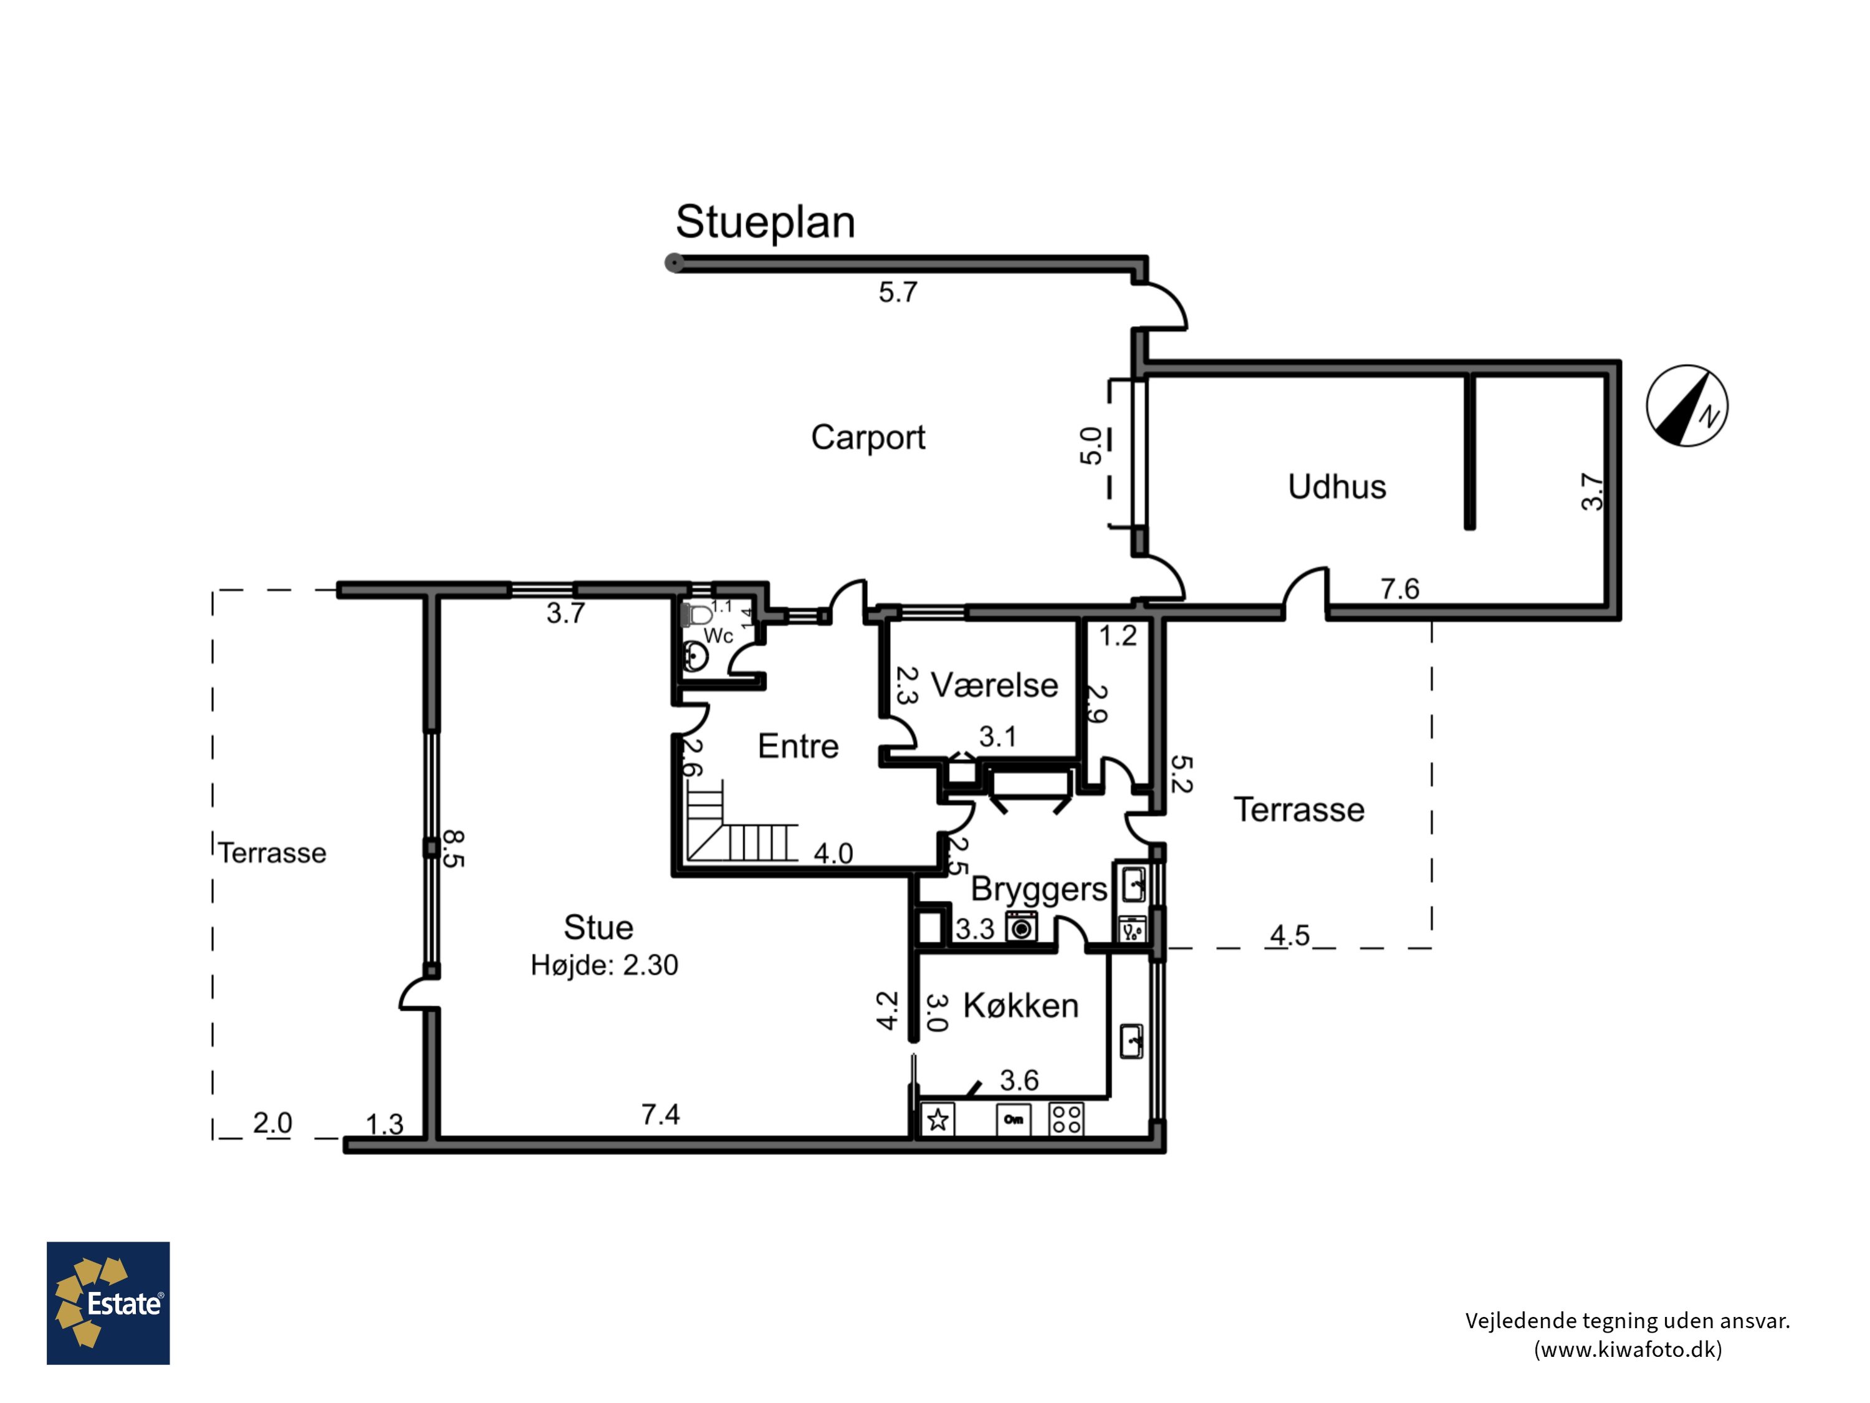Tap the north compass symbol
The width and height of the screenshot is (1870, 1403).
pyautogui.click(x=1687, y=406)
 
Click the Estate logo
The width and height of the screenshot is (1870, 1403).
pyautogui.click(x=108, y=1303)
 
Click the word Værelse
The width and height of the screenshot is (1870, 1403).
pyautogui.click(x=994, y=685)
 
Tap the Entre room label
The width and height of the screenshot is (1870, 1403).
pyautogui.click(x=798, y=746)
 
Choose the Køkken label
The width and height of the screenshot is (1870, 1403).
pyautogui.click(x=1020, y=1006)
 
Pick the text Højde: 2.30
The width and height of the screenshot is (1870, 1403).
pyautogui.click(x=605, y=965)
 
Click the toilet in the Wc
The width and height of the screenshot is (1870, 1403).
pyautogui.click(x=698, y=615)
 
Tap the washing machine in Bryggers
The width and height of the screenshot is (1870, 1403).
pyautogui.click(x=1021, y=927)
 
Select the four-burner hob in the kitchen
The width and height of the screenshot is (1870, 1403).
pyautogui.click(x=1066, y=1119)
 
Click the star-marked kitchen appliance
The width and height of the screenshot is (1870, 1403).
pyautogui.click(x=937, y=1120)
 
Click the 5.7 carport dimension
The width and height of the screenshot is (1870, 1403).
pyautogui.click(x=898, y=292)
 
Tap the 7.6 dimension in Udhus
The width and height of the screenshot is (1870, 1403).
pyautogui.click(x=1400, y=589)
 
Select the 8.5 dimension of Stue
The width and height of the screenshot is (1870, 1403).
pyautogui.click(x=453, y=848)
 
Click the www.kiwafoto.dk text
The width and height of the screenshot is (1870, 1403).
pyautogui.click(x=1628, y=1348)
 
